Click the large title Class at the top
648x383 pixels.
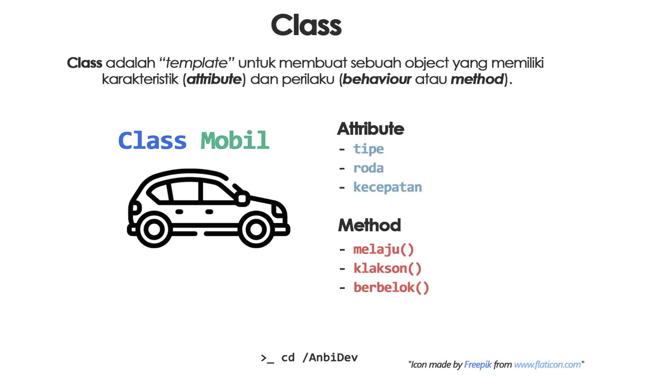(x=306, y=25)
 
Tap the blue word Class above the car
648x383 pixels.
(x=152, y=140)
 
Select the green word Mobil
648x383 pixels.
(x=235, y=140)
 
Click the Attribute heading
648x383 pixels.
(x=370, y=129)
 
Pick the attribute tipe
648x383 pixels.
(x=368, y=149)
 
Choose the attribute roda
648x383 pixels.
(x=368, y=168)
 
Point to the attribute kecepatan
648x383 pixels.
(x=387, y=187)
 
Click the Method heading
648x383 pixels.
(x=369, y=225)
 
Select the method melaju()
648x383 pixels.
(x=383, y=249)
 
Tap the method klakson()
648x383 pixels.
(x=387, y=269)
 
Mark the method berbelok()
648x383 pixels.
(x=391, y=288)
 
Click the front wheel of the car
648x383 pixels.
(x=256, y=229)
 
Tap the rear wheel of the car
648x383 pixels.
(x=154, y=229)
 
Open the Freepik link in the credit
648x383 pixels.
(x=477, y=365)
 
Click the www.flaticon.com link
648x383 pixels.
(x=547, y=365)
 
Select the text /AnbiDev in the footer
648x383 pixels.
(x=330, y=358)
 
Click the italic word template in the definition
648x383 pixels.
(x=196, y=63)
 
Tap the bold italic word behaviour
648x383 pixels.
(x=376, y=79)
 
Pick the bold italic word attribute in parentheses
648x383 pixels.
(x=214, y=79)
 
